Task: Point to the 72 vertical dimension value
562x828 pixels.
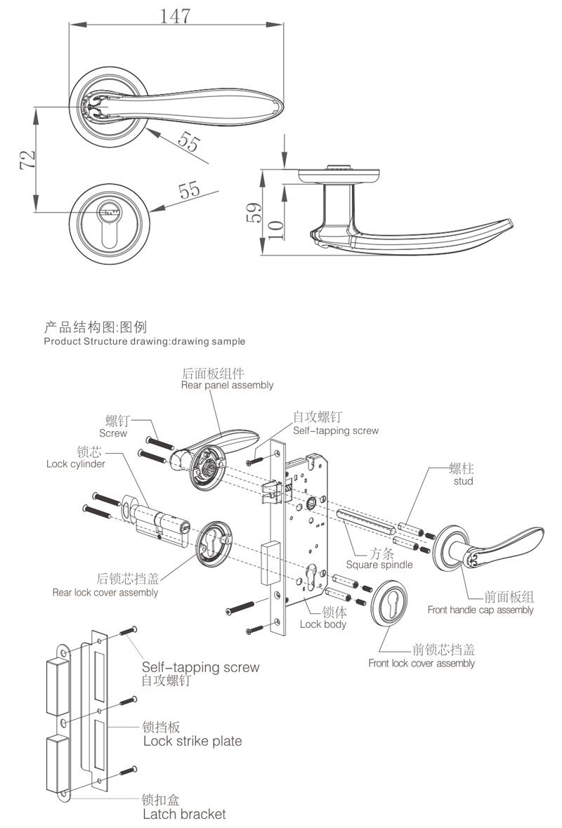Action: click(x=26, y=159)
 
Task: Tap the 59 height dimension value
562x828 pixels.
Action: click(x=254, y=211)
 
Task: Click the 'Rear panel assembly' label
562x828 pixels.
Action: click(x=227, y=386)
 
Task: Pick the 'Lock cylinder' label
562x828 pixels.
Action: click(x=76, y=464)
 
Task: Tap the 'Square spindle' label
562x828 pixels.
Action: click(x=379, y=564)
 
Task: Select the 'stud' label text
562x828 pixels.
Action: click(x=463, y=481)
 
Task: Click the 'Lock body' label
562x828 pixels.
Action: click(x=322, y=624)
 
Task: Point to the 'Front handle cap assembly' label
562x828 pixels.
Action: click(x=481, y=610)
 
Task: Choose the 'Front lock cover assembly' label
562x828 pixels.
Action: click(x=421, y=663)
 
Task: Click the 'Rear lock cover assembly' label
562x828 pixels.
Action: click(x=105, y=592)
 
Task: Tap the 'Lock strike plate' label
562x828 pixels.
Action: click(x=192, y=741)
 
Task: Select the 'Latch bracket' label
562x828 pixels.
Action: click(x=184, y=815)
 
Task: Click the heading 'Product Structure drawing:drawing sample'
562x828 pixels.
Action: click(x=145, y=342)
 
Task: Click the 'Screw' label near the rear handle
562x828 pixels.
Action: click(x=113, y=433)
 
